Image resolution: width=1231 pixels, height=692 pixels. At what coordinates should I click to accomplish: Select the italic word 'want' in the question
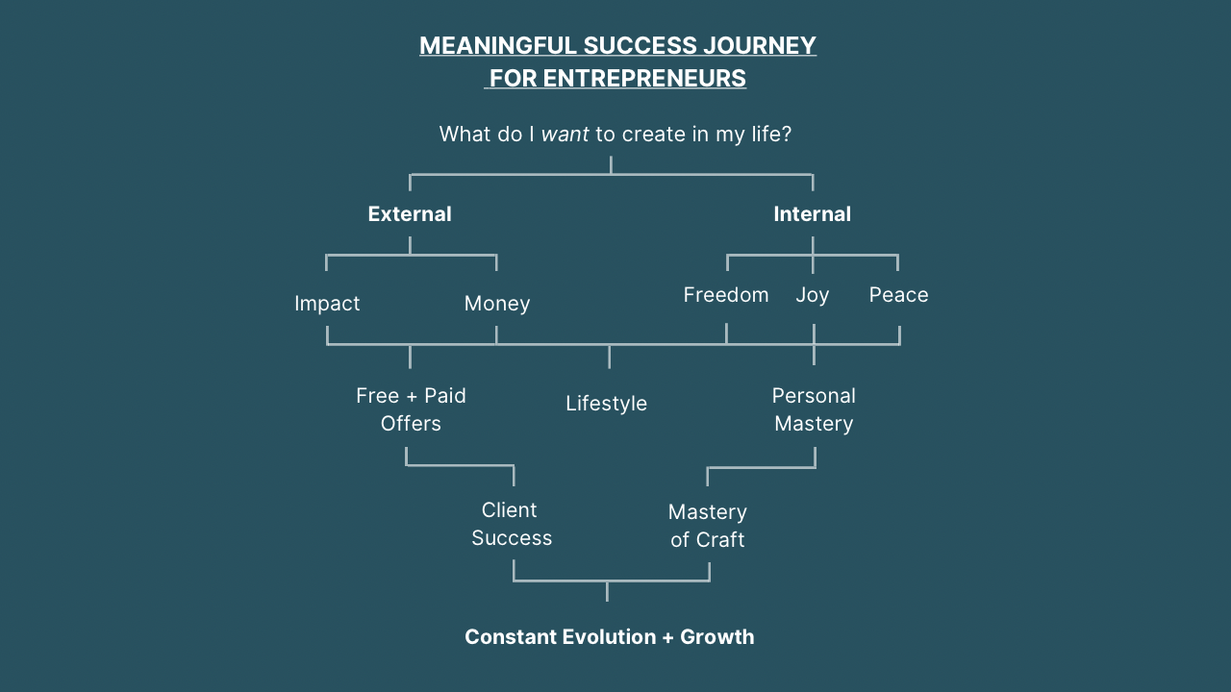click(x=565, y=135)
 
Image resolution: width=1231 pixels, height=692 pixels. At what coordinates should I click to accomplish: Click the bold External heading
click(x=410, y=214)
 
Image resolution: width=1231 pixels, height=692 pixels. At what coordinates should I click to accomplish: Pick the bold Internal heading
click(x=813, y=214)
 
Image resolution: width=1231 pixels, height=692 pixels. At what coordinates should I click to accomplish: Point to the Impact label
click(x=327, y=304)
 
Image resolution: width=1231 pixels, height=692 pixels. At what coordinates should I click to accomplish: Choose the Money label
click(x=497, y=304)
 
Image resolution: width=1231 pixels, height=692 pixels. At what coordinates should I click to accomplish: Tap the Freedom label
click(x=726, y=295)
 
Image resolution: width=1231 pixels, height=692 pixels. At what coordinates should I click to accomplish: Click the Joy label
click(x=813, y=295)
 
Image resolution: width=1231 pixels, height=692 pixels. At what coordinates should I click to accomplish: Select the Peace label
click(x=899, y=295)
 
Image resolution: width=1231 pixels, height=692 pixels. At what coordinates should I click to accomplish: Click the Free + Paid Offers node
click(x=411, y=409)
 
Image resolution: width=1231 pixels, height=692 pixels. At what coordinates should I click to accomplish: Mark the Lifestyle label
click(x=606, y=404)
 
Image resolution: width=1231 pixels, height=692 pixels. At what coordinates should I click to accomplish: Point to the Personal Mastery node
click(x=814, y=409)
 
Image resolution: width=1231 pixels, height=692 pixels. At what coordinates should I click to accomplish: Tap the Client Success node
click(x=511, y=524)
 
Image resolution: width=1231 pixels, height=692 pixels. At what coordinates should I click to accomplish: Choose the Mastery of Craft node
click(x=708, y=526)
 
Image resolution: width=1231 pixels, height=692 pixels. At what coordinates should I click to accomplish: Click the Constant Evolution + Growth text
click(x=610, y=637)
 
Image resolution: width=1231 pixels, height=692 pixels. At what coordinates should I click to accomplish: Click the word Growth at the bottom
click(x=717, y=637)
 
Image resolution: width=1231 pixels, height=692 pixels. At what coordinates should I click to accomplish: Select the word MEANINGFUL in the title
click(x=497, y=46)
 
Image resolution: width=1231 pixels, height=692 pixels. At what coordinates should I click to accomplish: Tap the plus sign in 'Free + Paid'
click(x=411, y=396)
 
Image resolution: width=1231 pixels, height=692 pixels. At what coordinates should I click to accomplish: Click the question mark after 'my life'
click(x=786, y=135)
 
